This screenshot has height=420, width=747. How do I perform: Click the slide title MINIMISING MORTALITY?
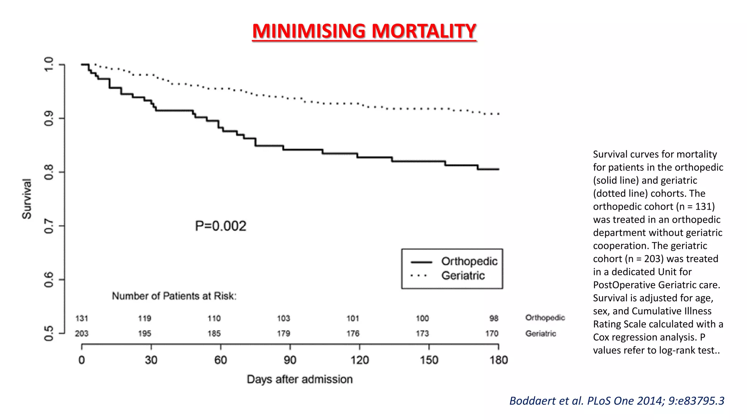364,31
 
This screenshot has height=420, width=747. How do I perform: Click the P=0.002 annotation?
221,226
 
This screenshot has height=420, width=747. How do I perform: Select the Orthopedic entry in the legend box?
469,261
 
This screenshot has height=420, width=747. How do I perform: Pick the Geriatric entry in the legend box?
463,276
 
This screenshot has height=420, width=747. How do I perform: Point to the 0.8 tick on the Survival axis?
49,172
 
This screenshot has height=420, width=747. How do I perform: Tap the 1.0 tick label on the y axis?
49,65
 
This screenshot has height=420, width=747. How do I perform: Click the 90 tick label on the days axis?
290,360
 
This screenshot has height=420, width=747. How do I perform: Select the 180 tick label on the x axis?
498,360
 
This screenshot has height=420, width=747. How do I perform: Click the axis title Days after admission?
299,379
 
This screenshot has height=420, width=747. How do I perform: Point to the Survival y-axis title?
27,199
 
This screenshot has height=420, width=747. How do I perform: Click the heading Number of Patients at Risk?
174,296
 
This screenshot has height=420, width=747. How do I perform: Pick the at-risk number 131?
82,318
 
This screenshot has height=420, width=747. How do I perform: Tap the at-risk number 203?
82,334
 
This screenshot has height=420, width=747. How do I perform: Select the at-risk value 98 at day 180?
494,318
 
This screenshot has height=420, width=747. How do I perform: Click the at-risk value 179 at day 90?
283,334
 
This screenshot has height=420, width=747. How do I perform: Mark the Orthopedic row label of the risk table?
545,318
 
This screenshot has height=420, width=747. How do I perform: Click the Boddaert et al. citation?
616,401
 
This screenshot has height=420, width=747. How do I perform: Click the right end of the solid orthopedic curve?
498,169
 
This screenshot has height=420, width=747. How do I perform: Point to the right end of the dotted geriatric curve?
498,114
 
